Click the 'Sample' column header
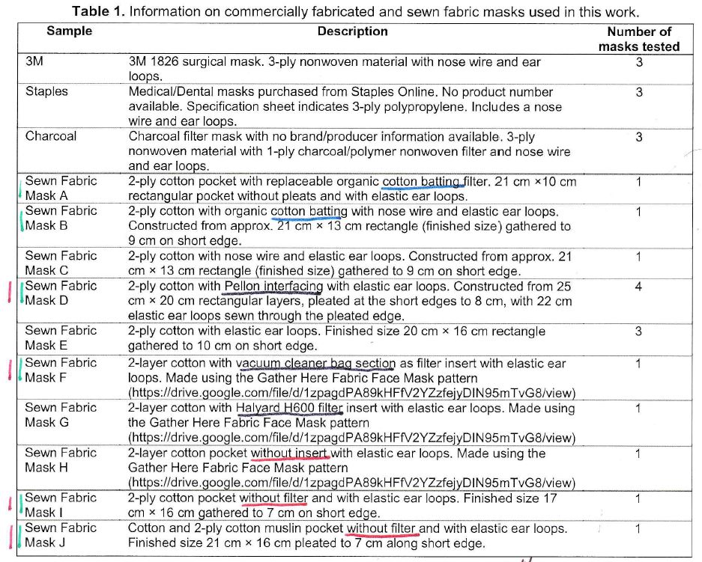click(x=69, y=31)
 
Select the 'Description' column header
click(x=352, y=31)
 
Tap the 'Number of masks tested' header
click(x=638, y=39)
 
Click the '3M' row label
click(x=34, y=62)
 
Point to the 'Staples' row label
click(x=46, y=92)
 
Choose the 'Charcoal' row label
click(x=50, y=137)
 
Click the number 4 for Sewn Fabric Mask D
click(x=638, y=287)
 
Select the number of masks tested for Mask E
click(x=638, y=332)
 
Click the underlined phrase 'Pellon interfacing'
click(x=273, y=287)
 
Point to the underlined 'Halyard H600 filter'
click(x=288, y=409)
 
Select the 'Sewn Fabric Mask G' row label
click(x=61, y=415)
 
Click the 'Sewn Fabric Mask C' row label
click(x=61, y=263)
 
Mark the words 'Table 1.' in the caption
click(x=97, y=11)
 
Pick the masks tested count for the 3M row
click(x=638, y=62)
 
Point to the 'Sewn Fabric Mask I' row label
click(x=61, y=505)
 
